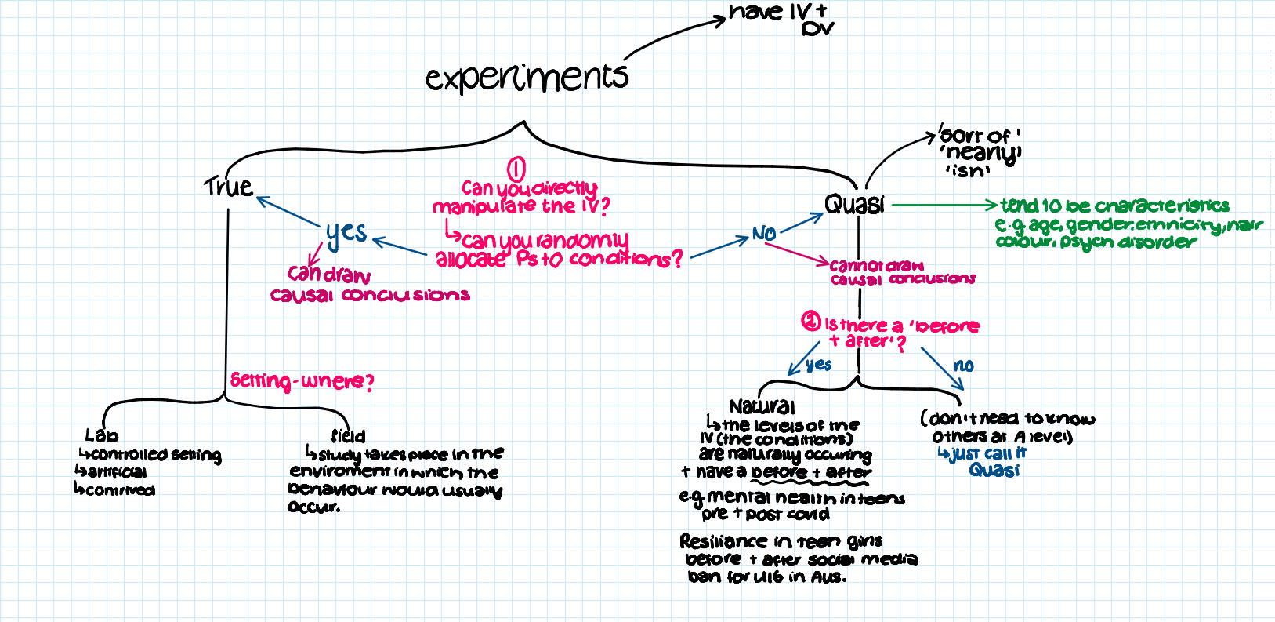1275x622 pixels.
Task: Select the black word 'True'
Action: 229,187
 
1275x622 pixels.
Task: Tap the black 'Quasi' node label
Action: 854,205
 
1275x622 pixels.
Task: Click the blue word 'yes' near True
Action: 346,233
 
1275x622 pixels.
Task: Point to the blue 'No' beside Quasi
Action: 764,233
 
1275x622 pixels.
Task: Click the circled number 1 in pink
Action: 516,169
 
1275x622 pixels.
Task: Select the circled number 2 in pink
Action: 810,322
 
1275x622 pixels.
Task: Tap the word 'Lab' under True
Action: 102,435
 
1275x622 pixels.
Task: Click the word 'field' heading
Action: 348,436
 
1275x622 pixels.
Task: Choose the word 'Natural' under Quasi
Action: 762,406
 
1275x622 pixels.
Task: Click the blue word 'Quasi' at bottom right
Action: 994,470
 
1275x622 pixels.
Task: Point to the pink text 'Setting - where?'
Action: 302,381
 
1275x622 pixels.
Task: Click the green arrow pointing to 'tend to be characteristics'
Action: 944,206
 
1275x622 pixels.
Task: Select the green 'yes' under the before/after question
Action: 819,365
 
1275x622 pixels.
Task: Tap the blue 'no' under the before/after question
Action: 964,366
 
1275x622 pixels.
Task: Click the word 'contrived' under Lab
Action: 121,490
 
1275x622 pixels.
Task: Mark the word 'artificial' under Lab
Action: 118,472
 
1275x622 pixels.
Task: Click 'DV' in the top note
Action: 817,30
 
